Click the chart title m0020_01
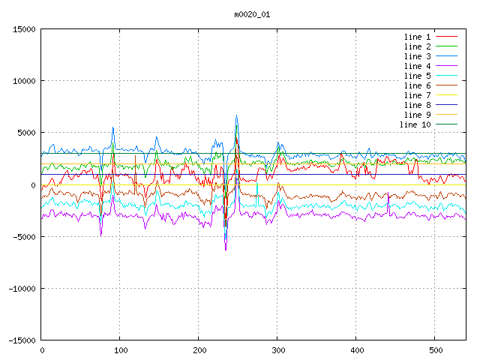coord(252,13)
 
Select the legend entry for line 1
coord(417,37)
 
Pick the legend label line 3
coord(417,56)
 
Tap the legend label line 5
coord(417,76)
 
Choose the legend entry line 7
coord(417,95)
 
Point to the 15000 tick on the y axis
coord(23,29)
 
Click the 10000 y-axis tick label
coord(23,81)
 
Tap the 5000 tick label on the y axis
coord(25,133)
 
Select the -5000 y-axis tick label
coord(23,236)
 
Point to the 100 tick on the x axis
coord(120,349)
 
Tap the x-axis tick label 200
coord(199,349)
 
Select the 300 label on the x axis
coord(277,349)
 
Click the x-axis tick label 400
coord(356,349)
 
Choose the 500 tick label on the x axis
coord(435,349)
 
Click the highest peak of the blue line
coord(236,115)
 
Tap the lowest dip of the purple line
coord(226,250)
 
